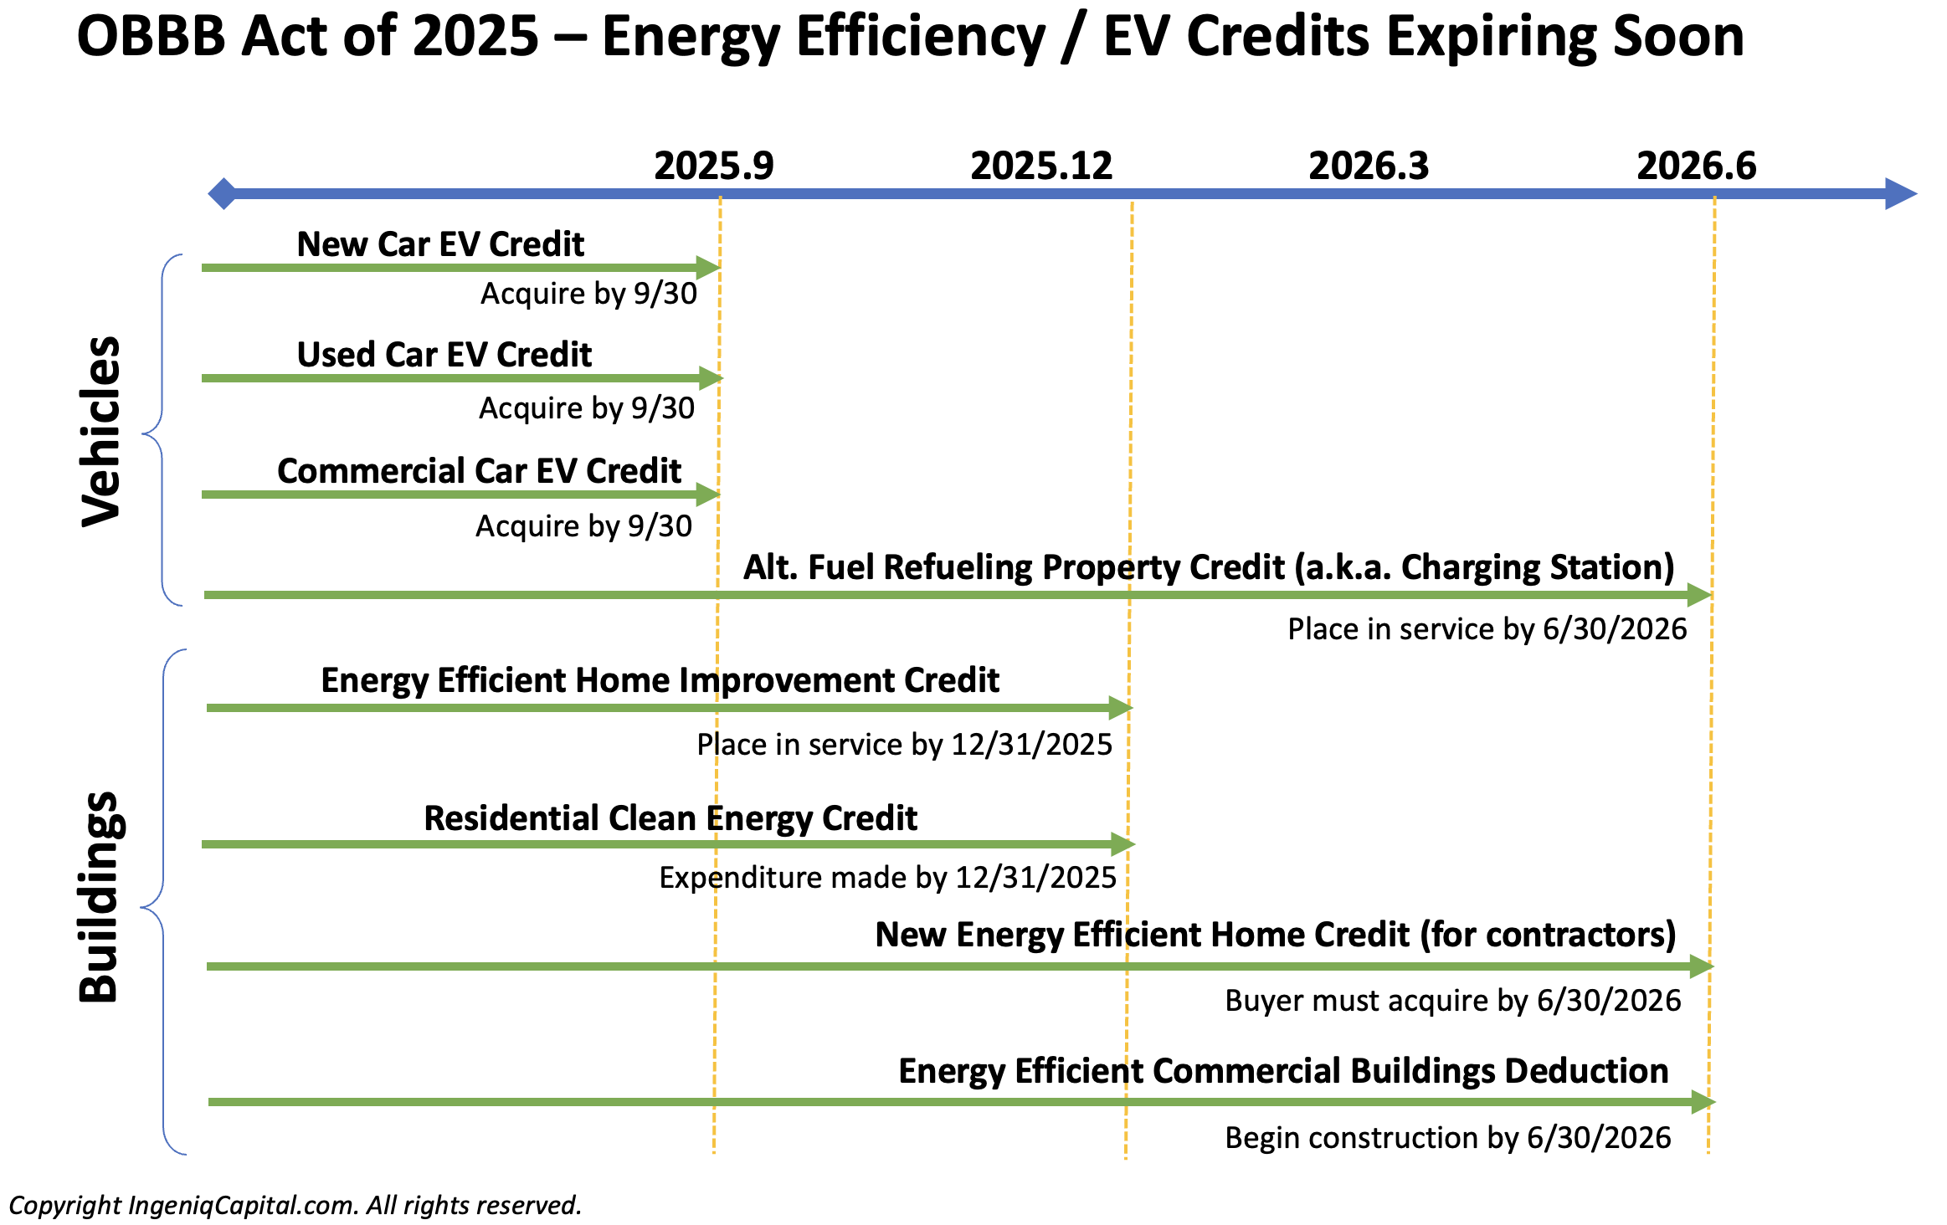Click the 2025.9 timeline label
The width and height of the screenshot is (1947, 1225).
[x=714, y=166]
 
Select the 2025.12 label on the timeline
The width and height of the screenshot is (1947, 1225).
[x=1041, y=166]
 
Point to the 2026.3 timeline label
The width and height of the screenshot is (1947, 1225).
[x=1369, y=166]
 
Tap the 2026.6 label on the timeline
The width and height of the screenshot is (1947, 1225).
[x=1697, y=166]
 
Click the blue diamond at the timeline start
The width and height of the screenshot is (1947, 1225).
[x=223, y=194]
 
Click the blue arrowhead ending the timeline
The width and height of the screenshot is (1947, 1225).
[x=1901, y=194]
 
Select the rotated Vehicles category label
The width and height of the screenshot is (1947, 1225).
[x=101, y=431]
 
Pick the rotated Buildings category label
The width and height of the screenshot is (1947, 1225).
[x=101, y=897]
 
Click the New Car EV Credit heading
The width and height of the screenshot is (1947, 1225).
[x=440, y=244]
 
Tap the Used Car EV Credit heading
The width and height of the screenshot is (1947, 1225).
[x=444, y=355]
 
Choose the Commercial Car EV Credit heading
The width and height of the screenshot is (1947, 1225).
[x=479, y=471]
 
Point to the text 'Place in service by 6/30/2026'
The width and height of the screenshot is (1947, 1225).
[x=1487, y=629]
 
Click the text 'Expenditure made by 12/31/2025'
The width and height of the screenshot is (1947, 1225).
[x=888, y=878]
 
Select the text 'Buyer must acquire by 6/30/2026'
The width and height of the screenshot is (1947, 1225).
[x=1453, y=1001]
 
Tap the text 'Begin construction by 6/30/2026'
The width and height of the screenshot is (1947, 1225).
[x=1448, y=1138]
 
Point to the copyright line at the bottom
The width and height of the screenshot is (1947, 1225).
[x=295, y=1205]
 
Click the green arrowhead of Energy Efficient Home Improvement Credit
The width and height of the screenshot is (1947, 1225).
[x=1121, y=708]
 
